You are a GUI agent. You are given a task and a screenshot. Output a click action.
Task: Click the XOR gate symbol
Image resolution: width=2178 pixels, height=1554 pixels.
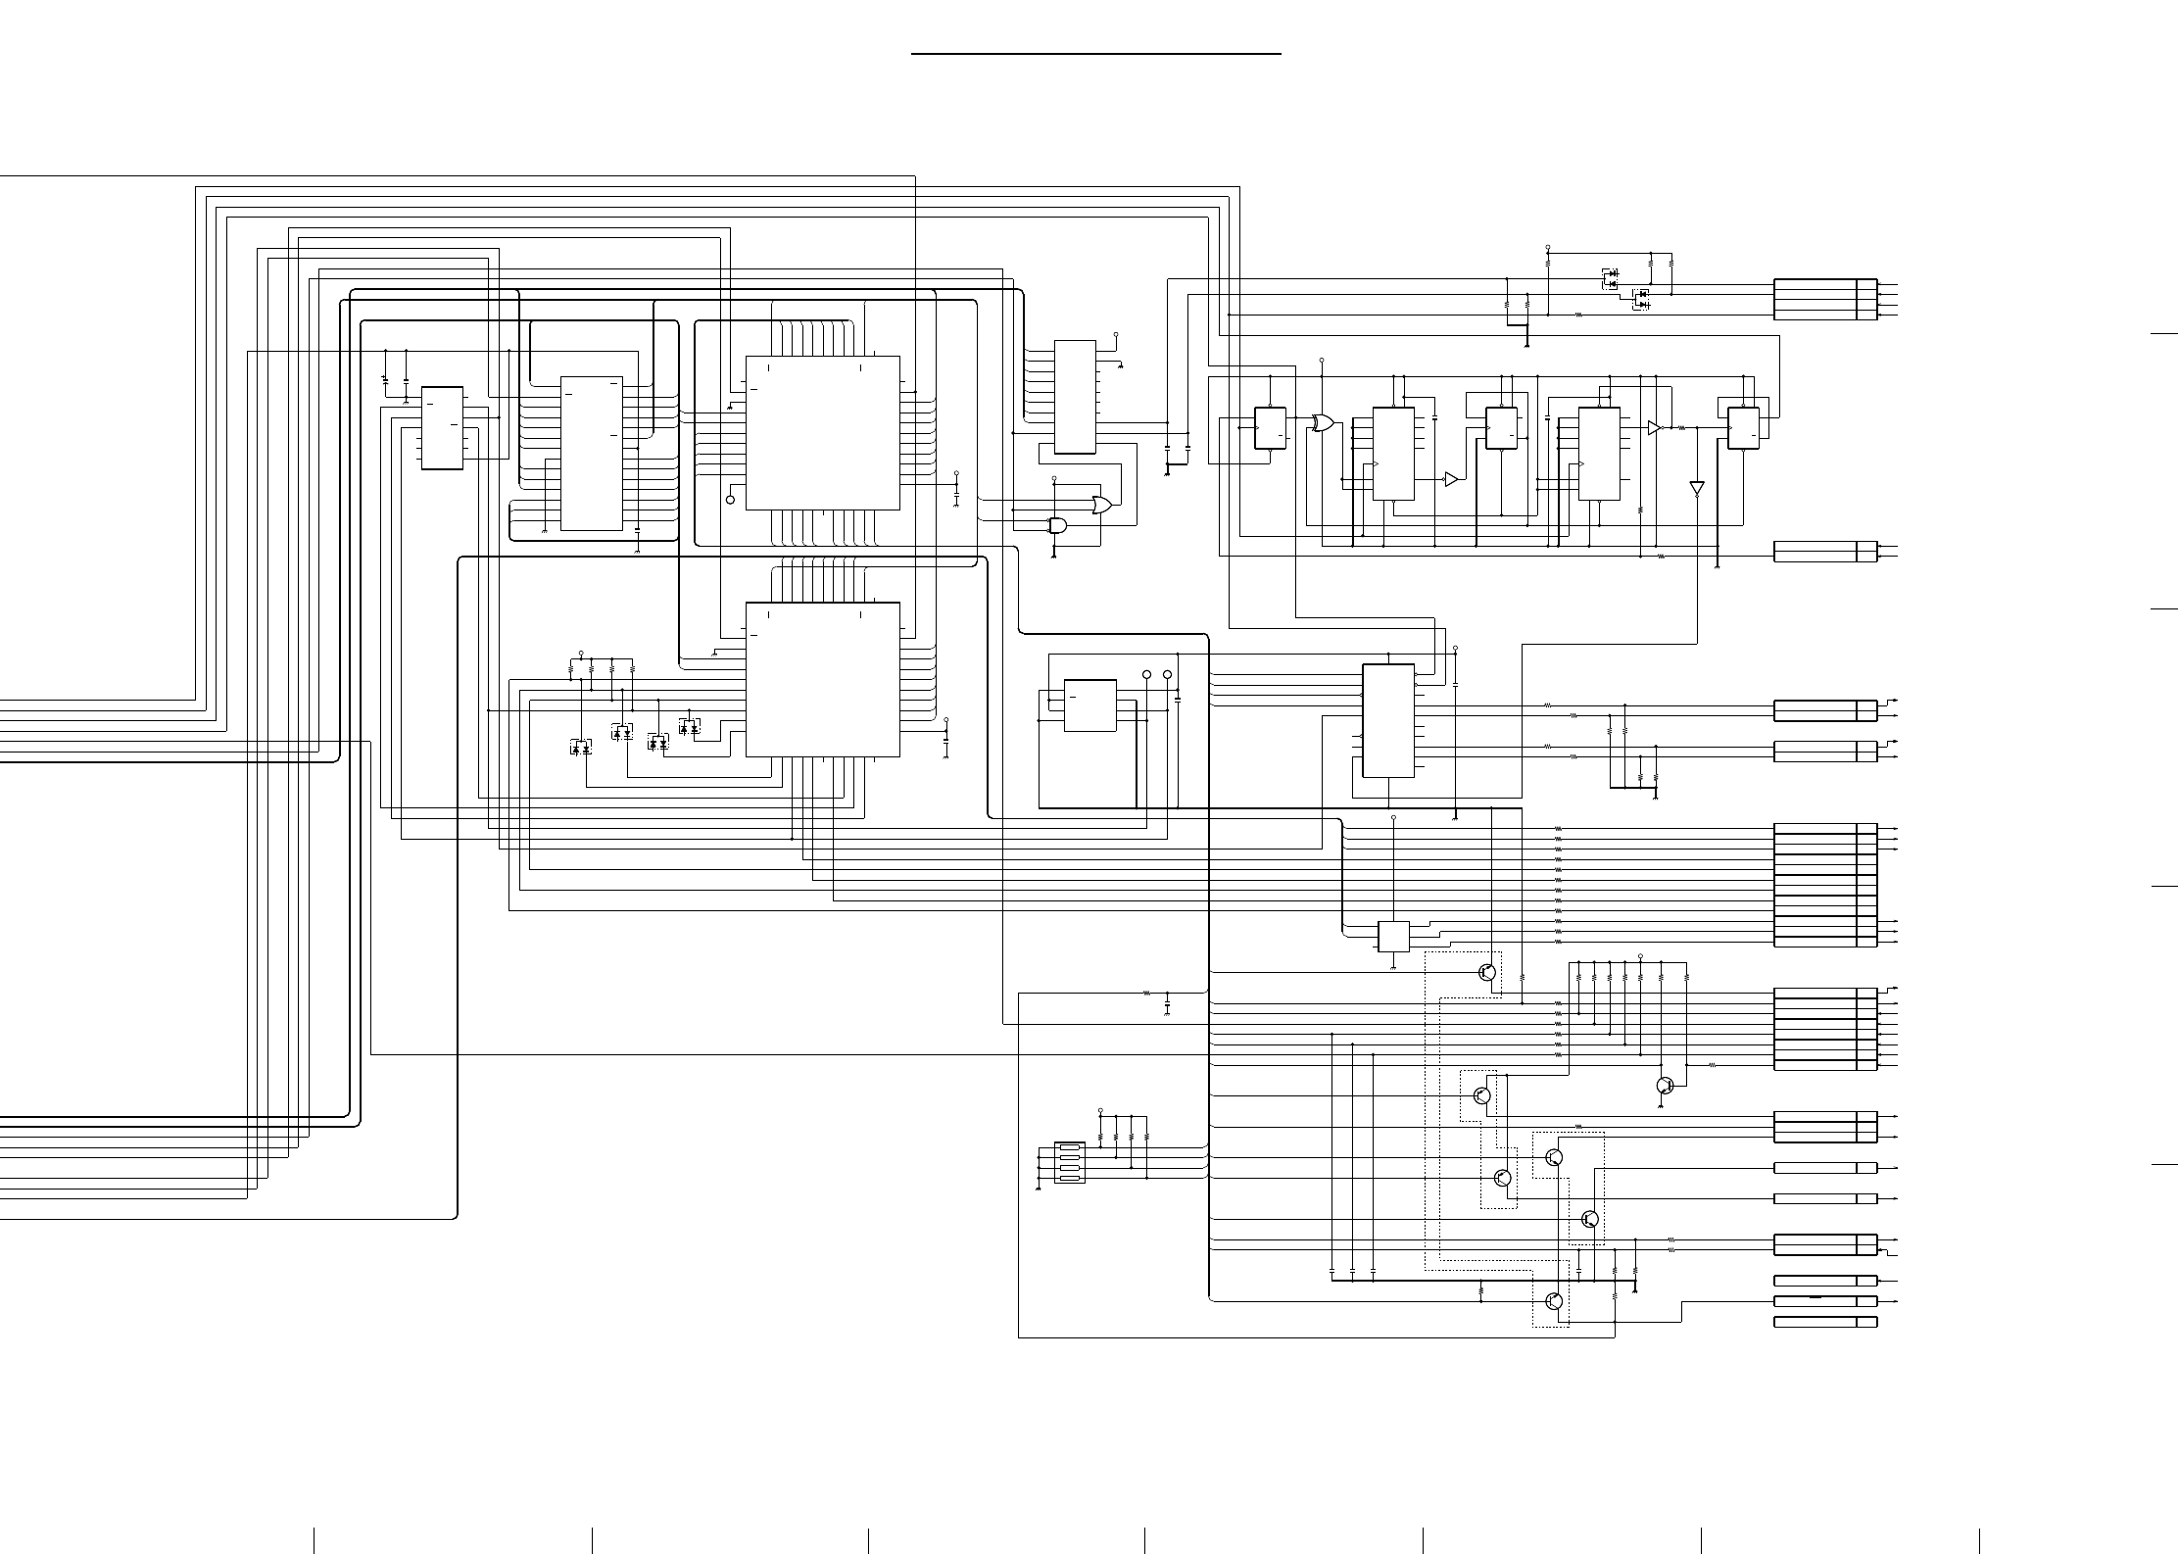click(x=1323, y=423)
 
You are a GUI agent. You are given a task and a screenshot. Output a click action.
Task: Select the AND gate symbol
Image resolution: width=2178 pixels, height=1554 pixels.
click(x=1058, y=525)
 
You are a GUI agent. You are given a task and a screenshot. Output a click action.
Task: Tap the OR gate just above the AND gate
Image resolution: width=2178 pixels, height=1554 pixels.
click(x=1102, y=506)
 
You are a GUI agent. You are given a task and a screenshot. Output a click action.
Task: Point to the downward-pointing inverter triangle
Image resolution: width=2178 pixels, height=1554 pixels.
click(x=1697, y=488)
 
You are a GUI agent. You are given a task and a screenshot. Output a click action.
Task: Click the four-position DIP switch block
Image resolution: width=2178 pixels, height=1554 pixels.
click(x=1069, y=1162)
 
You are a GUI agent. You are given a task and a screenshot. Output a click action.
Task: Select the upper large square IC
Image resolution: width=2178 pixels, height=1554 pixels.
click(x=822, y=432)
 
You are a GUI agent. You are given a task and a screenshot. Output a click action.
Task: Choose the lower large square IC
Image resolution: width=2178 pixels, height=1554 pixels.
click(x=822, y=679)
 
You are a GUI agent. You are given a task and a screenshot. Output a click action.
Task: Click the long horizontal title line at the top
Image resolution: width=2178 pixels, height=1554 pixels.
click(x=1096, y=54)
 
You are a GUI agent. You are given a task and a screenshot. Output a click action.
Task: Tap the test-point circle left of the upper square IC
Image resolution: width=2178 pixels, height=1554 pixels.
click(x=730, y=500)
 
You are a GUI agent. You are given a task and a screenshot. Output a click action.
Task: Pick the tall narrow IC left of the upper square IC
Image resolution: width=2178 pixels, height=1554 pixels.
click(x=591, y=453)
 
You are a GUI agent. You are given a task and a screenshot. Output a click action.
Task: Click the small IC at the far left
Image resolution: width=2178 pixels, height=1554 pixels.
click(x=442, y=428)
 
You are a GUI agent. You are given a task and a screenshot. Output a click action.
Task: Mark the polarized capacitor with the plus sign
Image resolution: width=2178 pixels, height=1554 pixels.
click(x=385, y=378)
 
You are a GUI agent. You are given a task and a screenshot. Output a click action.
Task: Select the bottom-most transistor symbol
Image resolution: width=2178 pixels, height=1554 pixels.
click(x=1553, y=1301)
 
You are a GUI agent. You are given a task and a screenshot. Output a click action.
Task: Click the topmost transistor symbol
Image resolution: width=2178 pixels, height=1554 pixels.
click(x=1486, y=973)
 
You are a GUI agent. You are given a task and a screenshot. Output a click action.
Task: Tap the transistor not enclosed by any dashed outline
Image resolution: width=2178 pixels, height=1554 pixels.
click(x=1664, y=1086)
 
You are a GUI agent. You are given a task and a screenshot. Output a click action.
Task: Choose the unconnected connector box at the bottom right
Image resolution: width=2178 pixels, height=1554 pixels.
click(x=1825, y=1322)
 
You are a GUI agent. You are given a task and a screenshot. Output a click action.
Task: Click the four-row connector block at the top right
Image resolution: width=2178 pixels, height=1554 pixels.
click(x=1825, y=299)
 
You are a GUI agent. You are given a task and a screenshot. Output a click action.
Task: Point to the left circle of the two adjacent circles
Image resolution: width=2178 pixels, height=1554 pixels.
click(x=1147, y=675)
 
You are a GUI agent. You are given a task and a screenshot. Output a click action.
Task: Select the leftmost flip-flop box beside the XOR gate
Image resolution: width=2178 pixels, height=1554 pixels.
click(x=1270, y=428)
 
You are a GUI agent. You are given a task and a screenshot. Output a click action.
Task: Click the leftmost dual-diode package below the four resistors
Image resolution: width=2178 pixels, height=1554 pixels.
click(x=581, y=748)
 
